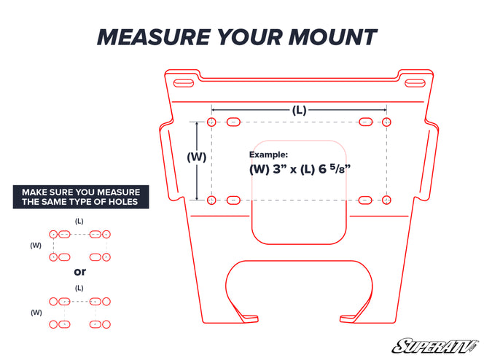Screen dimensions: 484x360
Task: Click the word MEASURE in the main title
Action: [x=154, y=37]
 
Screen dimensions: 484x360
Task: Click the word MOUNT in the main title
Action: [x=332, y=37]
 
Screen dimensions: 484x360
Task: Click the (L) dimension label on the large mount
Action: [x=299, y=110]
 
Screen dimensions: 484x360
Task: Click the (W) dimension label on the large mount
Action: [x=196, y=157]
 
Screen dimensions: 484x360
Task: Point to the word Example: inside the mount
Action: [x=268, y=154]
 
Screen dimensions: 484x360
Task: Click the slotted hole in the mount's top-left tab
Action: [x=184, y=83]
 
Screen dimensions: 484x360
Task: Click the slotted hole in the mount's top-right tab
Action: [x=415, y=83]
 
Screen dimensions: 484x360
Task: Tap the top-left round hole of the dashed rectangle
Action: [x=211, y=122]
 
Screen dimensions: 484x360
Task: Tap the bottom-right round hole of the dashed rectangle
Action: [x=386, y=200]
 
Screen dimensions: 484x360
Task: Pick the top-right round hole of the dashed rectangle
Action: [x=386, y=122]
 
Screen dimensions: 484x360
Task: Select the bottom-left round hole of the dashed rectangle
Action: [x=211, y=200]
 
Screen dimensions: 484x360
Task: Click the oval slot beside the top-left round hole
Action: [x=233, y=122]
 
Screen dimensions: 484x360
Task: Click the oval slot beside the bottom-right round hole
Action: [x=365, y=200]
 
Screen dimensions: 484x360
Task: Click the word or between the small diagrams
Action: [x=80, y=272]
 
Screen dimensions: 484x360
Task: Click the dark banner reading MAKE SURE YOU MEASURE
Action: [x=81, y=197]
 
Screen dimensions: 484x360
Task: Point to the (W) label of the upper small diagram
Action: [x=36, y=246]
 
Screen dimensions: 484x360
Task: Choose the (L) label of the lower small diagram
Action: [x=79, y=288]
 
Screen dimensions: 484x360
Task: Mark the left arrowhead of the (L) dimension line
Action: [x=214, y=109]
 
